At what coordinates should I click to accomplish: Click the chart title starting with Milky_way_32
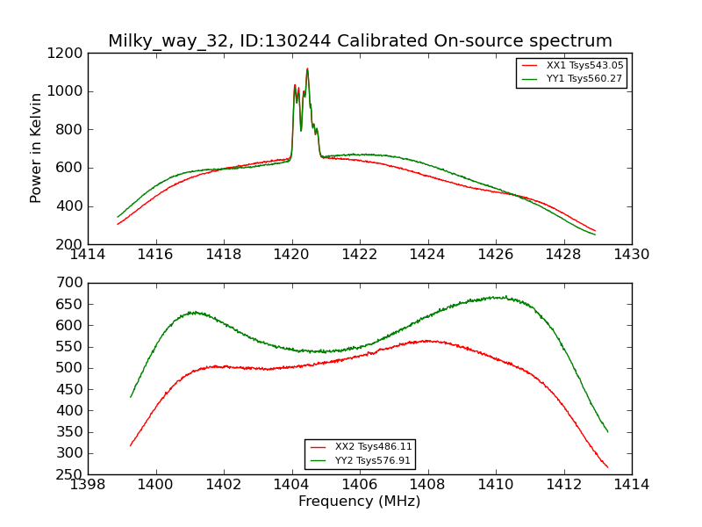360,41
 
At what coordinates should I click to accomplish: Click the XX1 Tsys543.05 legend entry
584,65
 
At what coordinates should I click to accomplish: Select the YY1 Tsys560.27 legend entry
584,78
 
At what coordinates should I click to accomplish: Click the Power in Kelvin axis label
36,148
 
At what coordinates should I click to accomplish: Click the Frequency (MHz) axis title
359,502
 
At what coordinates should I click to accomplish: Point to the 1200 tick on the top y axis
67,53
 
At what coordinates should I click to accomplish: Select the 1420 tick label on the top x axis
292,254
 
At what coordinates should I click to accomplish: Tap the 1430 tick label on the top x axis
632,254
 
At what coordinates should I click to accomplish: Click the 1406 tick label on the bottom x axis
360,484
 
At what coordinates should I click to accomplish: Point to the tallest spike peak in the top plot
307,69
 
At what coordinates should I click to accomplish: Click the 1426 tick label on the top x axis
496,254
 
